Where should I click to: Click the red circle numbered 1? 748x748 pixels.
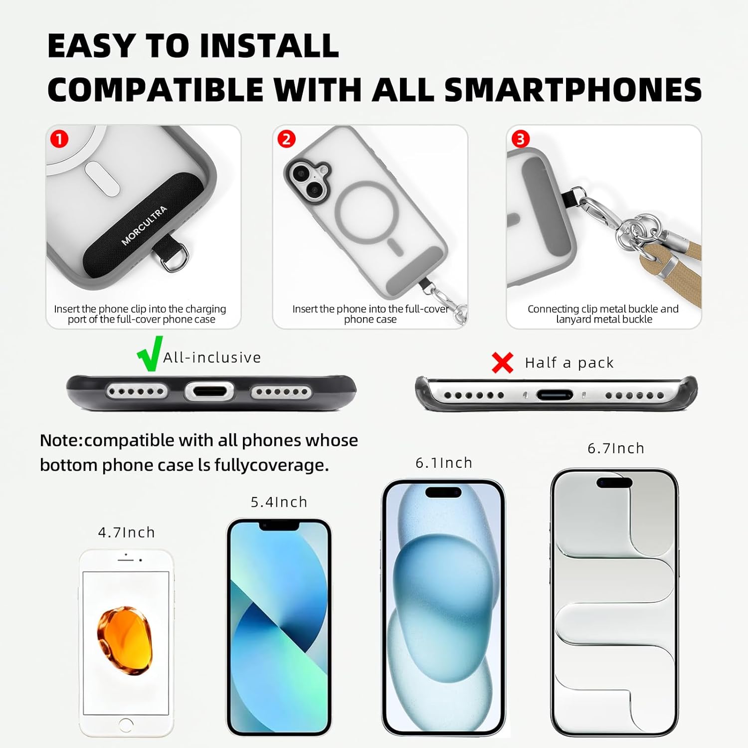tap(59, 139)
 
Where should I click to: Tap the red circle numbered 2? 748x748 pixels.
tap(286, 139)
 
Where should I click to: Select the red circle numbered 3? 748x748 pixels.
tap(521, 139)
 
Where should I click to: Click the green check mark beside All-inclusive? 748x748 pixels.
tap(150, 354)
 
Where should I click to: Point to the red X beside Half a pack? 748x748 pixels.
tap(502, 363)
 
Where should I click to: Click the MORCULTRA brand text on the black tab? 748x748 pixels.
tap(144, 226)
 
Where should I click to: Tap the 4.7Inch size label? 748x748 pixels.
tap(126, 533)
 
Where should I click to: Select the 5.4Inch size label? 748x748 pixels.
tap(279, 502)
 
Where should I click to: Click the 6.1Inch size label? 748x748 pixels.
tap(444, 463)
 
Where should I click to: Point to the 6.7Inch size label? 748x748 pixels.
tap(616, 448)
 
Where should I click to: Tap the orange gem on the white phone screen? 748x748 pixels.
tap(124, 640)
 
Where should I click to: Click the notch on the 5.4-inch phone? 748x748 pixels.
tap(279, 526)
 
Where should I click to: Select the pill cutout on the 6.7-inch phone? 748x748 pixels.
tap(614, 483)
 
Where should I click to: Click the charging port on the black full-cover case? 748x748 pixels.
tap(209, 391)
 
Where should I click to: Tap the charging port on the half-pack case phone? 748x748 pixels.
tap(555, 395)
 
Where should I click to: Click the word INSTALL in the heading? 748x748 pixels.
tap(269, 46)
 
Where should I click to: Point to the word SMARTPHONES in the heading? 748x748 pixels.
tap(572, 90)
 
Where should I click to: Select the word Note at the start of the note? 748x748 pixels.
tap(61, 440)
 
